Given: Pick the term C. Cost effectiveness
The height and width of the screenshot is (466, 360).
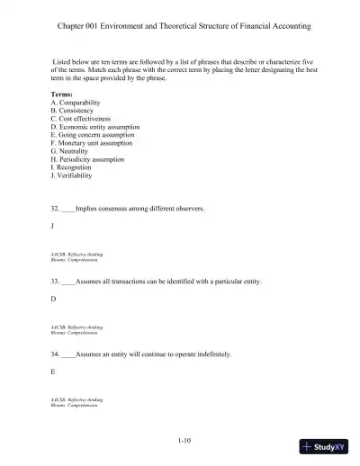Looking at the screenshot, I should tap(84, 120).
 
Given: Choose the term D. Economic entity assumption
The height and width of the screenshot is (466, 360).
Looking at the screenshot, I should tap(96, 127).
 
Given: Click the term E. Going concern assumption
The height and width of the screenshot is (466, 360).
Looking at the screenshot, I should tap(94, 135).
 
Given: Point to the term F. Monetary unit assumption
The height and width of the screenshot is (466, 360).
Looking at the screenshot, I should tap(93, 142).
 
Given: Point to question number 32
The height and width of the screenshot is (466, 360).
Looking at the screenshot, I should tap(56, 208).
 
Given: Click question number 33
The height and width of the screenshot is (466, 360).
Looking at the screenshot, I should tap(56, 282).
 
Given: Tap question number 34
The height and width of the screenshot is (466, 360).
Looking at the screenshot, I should tap(56, 354).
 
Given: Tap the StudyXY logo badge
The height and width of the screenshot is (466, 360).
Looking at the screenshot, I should tap(325, 447).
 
